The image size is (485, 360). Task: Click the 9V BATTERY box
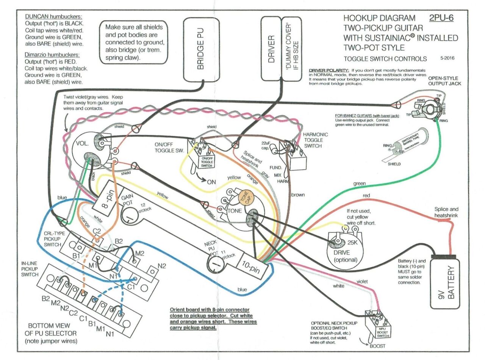[446, 282]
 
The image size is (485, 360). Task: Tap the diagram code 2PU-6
[441, 18]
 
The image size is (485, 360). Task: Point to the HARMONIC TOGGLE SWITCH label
[315, 140]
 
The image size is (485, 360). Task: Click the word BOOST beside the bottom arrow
[377, 346]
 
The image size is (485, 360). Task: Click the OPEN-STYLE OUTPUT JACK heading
[444, 81]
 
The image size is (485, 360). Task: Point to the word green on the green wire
[360, 184]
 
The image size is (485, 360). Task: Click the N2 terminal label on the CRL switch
[162, 265]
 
